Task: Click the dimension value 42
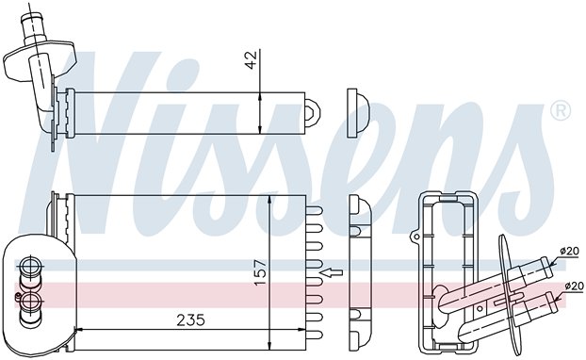[252, 59]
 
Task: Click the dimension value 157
[261, 272]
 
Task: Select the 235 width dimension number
[190, 320]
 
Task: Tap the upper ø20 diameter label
[569, 251]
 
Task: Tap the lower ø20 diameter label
[574, 286]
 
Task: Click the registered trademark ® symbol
[561, 111]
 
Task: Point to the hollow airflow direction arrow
[332, 272]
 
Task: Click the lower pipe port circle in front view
[29, 301]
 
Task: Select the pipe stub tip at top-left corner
[30, 18]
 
